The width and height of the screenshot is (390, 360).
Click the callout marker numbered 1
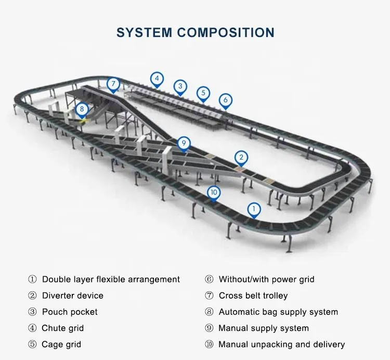point(253,210)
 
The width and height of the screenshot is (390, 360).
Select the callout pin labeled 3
point(180,86)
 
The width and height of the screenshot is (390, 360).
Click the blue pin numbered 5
point(203,94)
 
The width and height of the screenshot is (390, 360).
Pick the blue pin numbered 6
point(225,100)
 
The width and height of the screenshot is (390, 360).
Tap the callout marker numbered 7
point(113,84)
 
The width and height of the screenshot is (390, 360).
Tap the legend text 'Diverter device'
point(73,295)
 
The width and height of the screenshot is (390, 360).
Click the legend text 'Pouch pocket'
point(70,312)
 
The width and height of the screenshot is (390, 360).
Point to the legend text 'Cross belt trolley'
point(253,295)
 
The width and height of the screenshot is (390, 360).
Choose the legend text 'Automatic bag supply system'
point(278,312)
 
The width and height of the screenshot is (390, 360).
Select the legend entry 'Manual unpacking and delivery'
point(281,344)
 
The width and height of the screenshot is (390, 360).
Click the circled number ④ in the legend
point(32,328)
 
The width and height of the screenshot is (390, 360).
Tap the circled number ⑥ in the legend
point(209,279)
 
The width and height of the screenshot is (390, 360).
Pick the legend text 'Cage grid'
point(61,344)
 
